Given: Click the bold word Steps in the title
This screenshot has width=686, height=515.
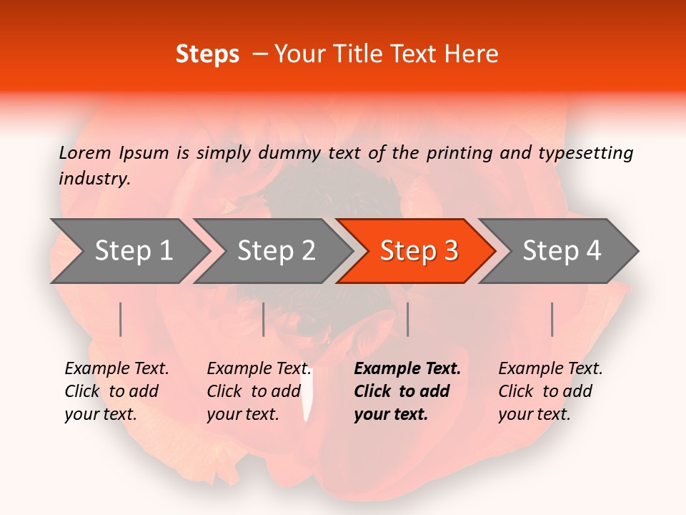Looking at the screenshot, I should coord(207,54).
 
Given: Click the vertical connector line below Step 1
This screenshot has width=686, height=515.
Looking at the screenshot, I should coord(121,319).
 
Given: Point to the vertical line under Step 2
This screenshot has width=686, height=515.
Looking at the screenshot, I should coord(264,319).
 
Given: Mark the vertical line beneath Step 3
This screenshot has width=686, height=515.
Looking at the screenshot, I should coord(407,319).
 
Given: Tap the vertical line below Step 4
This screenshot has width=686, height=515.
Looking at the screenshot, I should coord(552,319).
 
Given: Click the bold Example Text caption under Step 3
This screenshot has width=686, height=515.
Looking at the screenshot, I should coord(406,391).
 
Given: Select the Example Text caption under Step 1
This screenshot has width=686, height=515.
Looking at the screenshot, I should coord(116,391).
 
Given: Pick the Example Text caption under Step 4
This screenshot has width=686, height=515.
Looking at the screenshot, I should coord(550,391).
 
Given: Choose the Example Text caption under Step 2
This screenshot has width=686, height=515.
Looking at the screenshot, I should coord(258,391).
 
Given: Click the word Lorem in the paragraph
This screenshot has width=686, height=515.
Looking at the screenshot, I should coord(85,153).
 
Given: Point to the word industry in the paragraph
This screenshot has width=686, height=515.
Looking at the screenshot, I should coord(94,179).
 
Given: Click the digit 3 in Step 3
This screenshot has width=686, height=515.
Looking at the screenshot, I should coord(450,251).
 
